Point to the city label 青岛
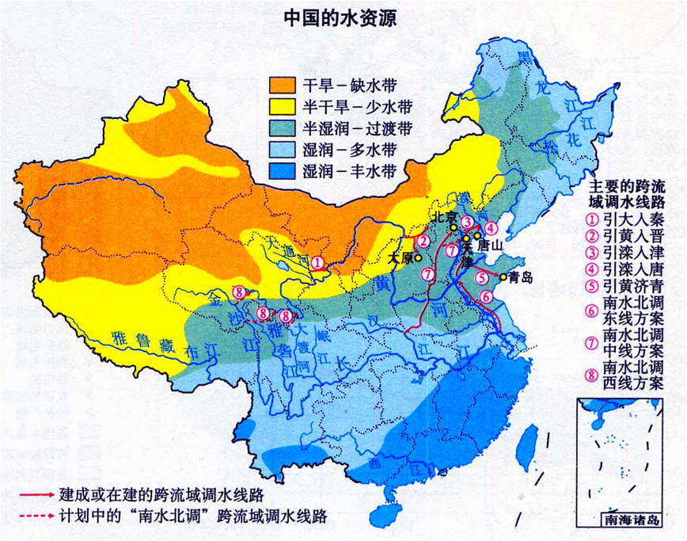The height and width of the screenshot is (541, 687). coord(522,277)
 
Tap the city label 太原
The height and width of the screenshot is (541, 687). coord(402,258)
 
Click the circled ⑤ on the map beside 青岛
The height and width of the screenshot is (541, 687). coord(482,278)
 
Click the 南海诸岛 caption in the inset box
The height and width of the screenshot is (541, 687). coord(629,521)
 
